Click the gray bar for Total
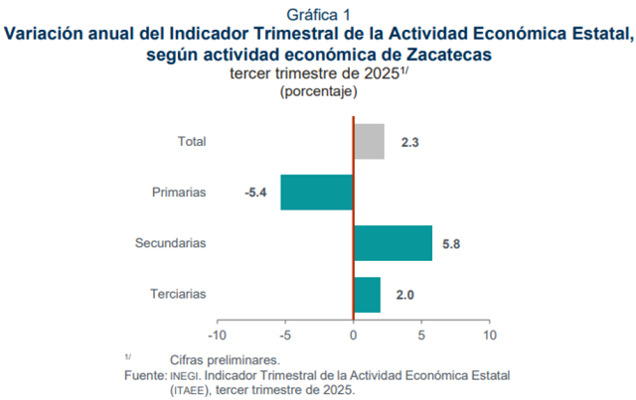369,141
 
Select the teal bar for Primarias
317,192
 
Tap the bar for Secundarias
393,243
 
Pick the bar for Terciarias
367,294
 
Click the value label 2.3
410,142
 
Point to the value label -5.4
256,193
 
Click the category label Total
192,142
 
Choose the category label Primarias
179,193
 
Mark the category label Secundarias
171,243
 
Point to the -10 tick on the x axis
218,335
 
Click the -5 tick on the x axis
286,335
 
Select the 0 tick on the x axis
354,335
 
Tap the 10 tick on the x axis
488,335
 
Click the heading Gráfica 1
318,14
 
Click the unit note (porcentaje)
318,91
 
